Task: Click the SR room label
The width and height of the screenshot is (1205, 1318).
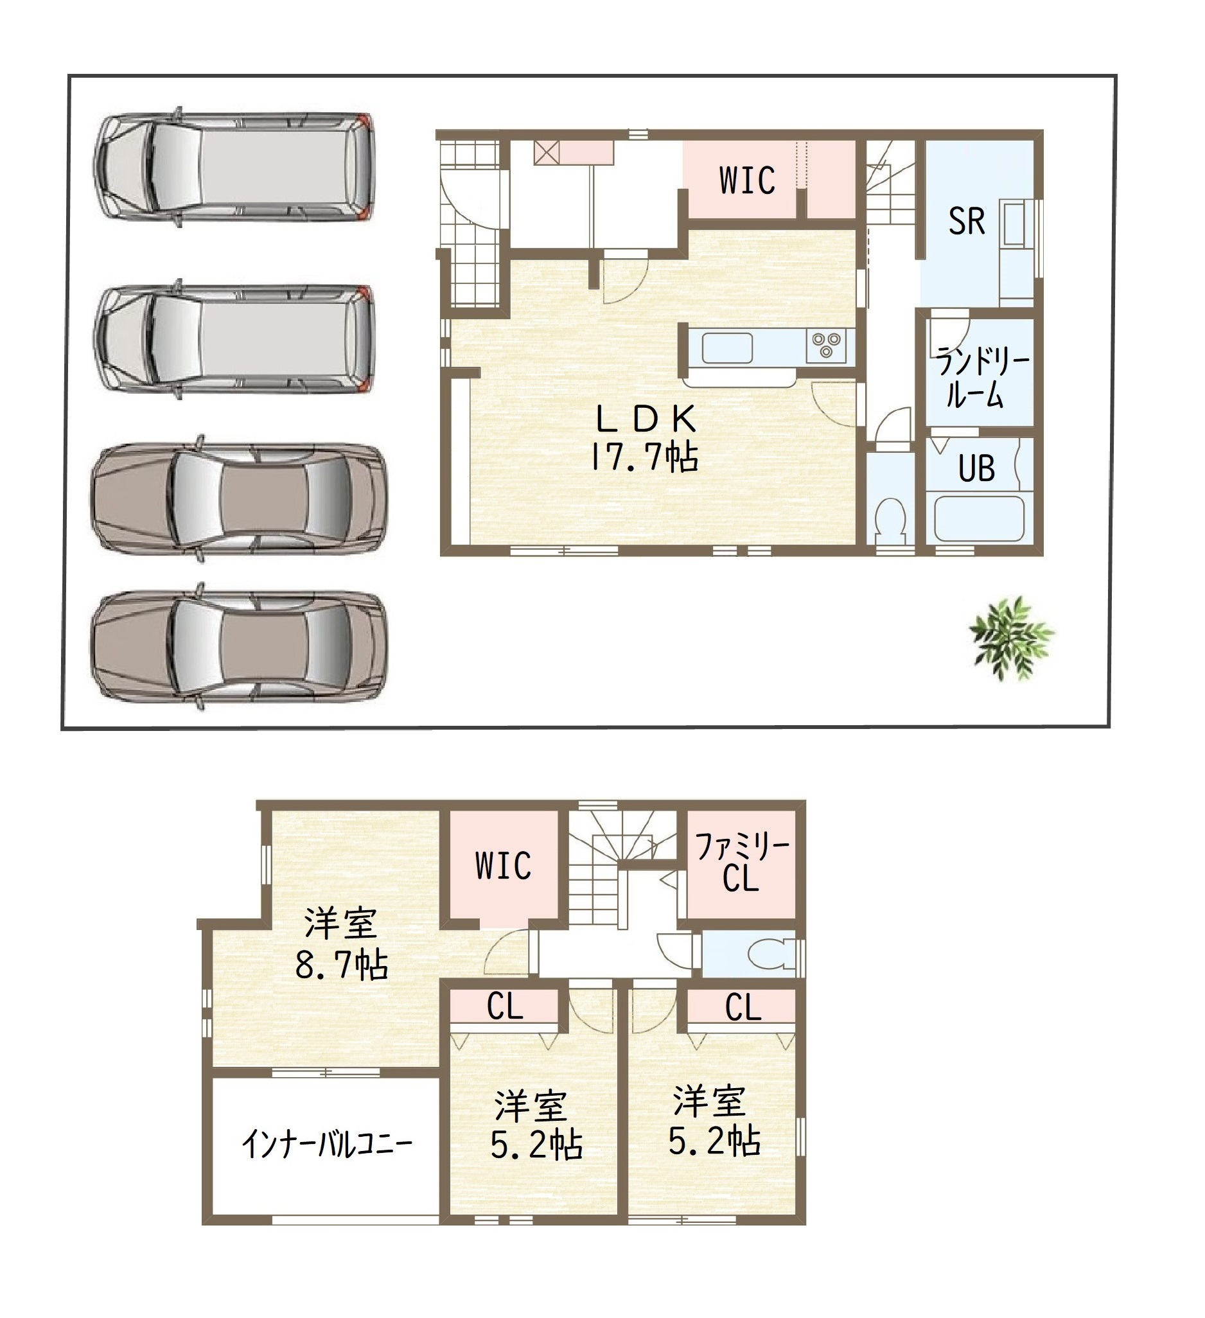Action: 966,221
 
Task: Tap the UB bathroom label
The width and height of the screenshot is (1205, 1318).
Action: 976,468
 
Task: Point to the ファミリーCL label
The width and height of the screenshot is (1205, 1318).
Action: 742,863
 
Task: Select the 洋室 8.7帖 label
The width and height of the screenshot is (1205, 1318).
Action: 341,944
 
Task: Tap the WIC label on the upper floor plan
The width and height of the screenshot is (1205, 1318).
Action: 503,866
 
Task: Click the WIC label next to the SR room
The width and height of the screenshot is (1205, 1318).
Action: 747,180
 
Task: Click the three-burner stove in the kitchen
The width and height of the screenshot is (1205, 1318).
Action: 827,344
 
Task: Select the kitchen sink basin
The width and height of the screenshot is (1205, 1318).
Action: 727,347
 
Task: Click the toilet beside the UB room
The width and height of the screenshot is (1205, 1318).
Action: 890,521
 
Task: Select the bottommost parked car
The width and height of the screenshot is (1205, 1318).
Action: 239,646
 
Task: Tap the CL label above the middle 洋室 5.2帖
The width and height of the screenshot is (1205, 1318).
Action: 505,1007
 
